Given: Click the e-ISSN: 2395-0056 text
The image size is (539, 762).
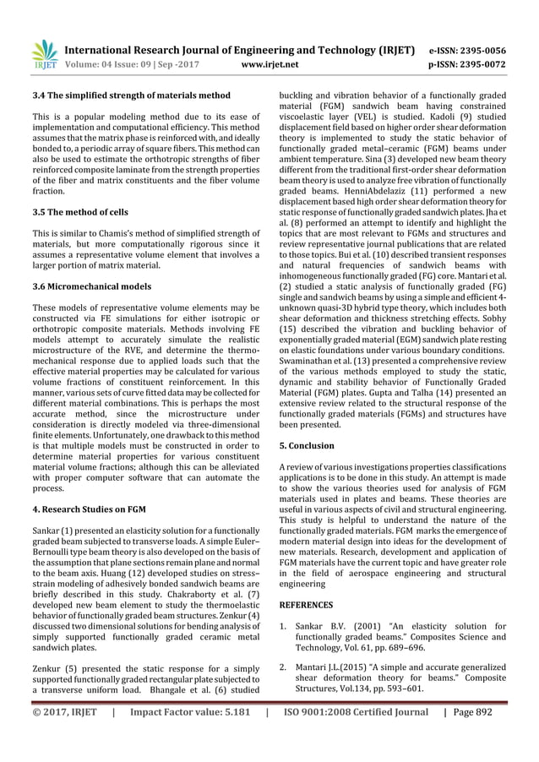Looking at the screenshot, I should tap(468, 50).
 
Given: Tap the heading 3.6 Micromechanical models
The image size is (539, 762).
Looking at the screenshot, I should tap(91, 286).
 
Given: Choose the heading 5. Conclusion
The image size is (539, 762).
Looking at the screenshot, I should tap(307, 445).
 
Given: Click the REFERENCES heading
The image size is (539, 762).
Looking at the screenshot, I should tap(306, 605).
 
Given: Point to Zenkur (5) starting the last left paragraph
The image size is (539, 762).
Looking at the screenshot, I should tap(54, 667).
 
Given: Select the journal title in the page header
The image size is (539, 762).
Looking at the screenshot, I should tap(239, 50).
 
